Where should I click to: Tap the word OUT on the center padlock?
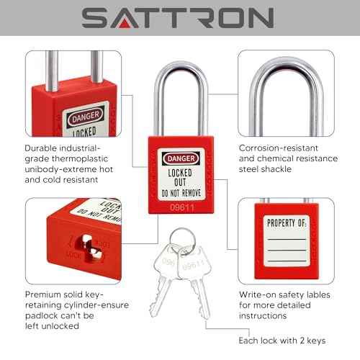click(x=180, y=183)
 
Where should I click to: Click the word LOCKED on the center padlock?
click(x=180, y=173)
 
